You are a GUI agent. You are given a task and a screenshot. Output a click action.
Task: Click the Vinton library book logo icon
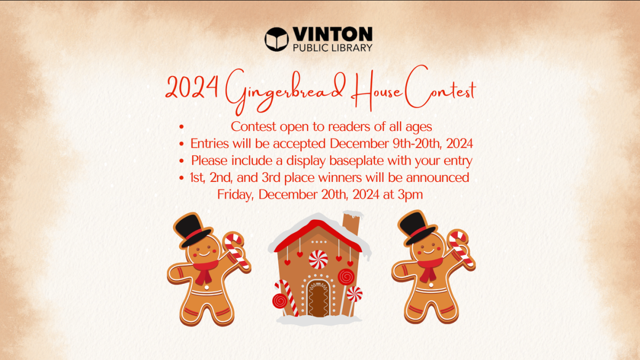[x=276, y=39]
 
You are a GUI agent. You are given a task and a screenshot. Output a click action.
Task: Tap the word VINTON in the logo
[x=333, y=35]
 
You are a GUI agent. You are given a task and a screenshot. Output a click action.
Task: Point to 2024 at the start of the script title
[x=192, y=87]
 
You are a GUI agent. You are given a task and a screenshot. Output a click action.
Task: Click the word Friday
[x=235, y=195]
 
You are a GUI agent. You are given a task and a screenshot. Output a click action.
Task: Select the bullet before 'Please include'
[x=181, y=161]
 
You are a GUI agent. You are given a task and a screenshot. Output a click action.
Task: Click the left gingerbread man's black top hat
[x=193, y=230]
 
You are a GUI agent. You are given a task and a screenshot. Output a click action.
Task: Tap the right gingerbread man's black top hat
[x=417, y=228]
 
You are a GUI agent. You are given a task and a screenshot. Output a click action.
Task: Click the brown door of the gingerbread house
[x=318, y=299]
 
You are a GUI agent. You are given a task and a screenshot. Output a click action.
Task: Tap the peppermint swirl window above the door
[x=318, y=259]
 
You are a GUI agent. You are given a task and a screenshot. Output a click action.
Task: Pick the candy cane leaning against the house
[x=287, y=298]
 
